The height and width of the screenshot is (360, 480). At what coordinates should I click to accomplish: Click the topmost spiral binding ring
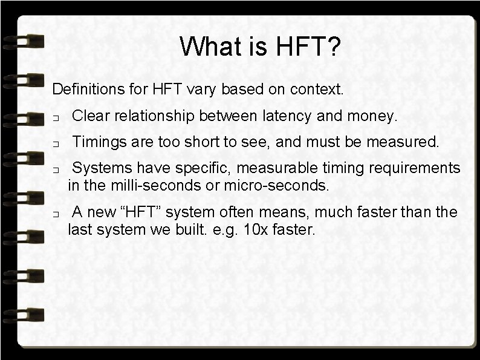click(24, 42)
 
